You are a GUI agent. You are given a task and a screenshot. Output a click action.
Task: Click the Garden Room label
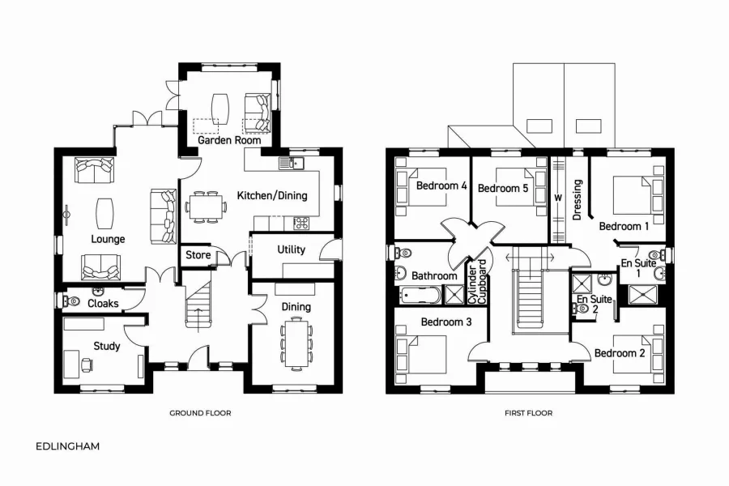click(230, 140)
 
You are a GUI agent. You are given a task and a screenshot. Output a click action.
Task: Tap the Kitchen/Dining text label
click(271, 195)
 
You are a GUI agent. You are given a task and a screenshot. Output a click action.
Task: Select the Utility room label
click(291, 249)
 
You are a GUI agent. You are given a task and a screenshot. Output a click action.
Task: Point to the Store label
click(198, 255)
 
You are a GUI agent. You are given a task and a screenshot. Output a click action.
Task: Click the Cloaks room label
click(103, 304)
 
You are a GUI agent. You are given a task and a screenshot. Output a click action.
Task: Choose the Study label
click(106, 346)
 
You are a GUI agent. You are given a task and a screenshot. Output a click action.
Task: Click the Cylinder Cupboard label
click(478, 282)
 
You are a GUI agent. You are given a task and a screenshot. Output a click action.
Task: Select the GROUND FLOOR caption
click(200, 413)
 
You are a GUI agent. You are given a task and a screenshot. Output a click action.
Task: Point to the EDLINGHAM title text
click(68, 446)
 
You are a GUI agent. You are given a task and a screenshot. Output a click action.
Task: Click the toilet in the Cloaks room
click(72, 301)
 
